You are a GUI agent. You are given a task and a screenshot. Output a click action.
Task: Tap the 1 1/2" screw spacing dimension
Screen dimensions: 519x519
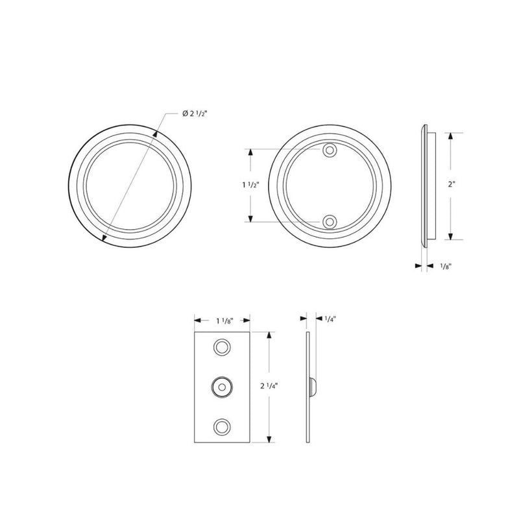click(x=248, y=185)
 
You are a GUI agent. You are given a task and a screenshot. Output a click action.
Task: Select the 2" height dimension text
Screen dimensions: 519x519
click(x=452, y=184)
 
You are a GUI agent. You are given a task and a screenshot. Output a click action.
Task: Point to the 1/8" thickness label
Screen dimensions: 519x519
click(x=446, y=266)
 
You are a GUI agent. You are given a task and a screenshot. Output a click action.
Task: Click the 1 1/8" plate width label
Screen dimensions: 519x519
click(x=223, y=320)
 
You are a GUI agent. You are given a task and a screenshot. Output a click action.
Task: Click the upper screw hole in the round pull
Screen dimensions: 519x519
click(x=331, y=150)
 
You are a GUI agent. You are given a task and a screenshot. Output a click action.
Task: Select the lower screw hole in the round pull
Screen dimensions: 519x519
click(x=331, y=222)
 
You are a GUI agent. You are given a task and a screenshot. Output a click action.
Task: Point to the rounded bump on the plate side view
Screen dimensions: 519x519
click(x=315, y=387)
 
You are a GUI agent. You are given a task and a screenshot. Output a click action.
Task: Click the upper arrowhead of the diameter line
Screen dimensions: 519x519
click(x=157, y=134)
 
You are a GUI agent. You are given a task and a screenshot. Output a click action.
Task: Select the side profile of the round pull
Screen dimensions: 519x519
click(x=425, y=185)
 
